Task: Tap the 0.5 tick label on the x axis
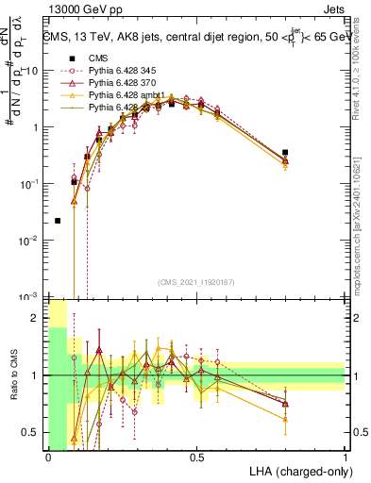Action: tap(196, 457)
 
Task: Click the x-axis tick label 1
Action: tap(346, 457)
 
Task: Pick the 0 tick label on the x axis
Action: tap(47, 457)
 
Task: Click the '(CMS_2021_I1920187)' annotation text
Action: tap(194, 281)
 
